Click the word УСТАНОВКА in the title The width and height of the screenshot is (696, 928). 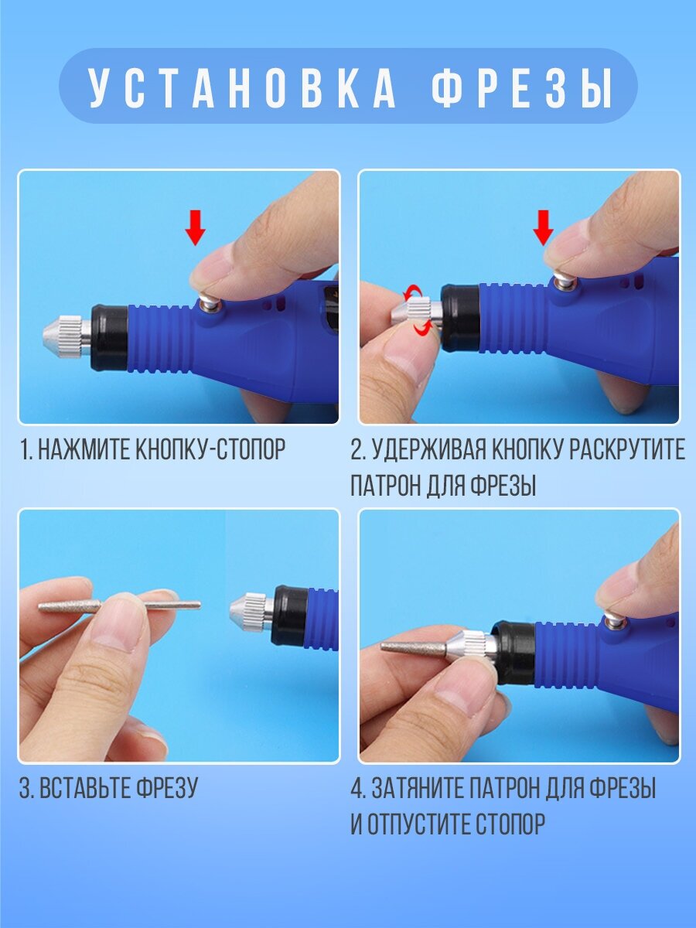coord(243,87)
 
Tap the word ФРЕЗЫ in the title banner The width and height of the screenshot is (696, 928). coord(522,87)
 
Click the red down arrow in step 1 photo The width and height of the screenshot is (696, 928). coord(195,228)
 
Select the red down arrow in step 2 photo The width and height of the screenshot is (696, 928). coord(543,228)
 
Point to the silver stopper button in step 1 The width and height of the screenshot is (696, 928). coord(209,302)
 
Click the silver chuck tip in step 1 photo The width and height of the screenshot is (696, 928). coord(67,335)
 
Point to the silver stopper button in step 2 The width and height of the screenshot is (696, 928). coord(563,280)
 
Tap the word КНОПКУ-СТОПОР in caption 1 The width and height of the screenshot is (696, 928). coord(211,449)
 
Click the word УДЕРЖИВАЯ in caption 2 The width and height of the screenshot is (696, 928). coord(427,449)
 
